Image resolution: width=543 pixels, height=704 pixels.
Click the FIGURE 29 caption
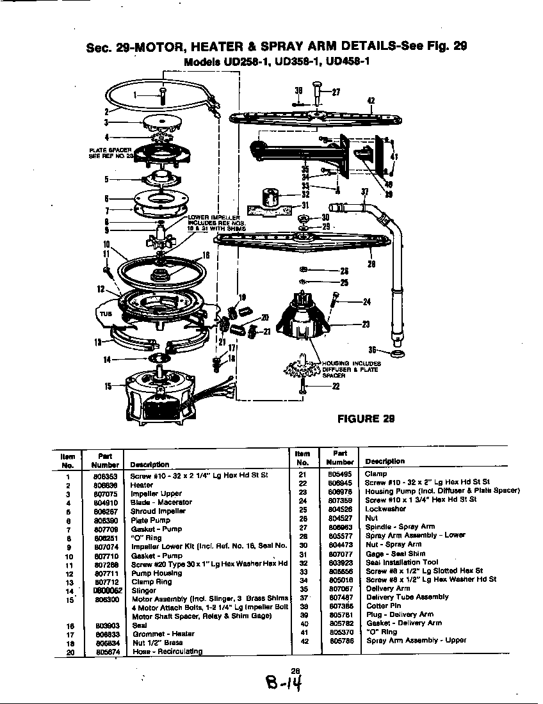[x=366, y=419]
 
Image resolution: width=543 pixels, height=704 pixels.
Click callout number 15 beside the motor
[x=108, y=385]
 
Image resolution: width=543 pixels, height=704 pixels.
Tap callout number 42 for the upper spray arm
[x=371, y=100]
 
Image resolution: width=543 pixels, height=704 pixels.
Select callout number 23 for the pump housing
[x=366, y=324]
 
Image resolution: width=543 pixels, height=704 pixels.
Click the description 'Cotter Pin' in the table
[x=384, y=605]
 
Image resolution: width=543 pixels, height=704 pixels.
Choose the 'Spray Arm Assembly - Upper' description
[x=416, y=640]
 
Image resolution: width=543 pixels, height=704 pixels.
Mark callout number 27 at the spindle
[x=336, y=91]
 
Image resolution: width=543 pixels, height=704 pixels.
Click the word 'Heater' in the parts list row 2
[x=142, y=485]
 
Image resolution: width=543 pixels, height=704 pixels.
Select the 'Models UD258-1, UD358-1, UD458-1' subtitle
[x=276, y=62]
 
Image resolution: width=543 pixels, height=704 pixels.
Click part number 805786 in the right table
[x=340, y=640]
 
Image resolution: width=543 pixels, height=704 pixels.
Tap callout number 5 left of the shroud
[x=107, y=179]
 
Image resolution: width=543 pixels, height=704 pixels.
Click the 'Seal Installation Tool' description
[x=401, y=563]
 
